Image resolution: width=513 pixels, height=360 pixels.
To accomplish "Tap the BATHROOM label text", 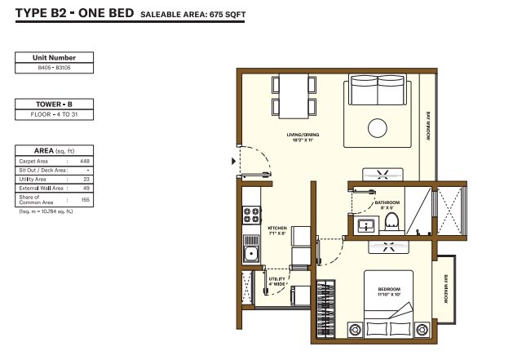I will [x=387, y=205].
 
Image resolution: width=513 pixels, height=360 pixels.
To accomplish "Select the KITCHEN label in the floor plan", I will [x=277, y=231].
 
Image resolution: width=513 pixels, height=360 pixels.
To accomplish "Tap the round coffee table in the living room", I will [x=378, y=128].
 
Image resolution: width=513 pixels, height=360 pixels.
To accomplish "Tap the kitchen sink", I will [x=251, y=253].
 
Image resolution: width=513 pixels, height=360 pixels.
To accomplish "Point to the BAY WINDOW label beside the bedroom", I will [x=446, y=289].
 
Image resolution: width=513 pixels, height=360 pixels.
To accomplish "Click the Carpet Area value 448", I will [x=84, y=161].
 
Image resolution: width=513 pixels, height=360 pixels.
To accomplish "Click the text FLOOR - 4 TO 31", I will [x=55, y=115].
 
